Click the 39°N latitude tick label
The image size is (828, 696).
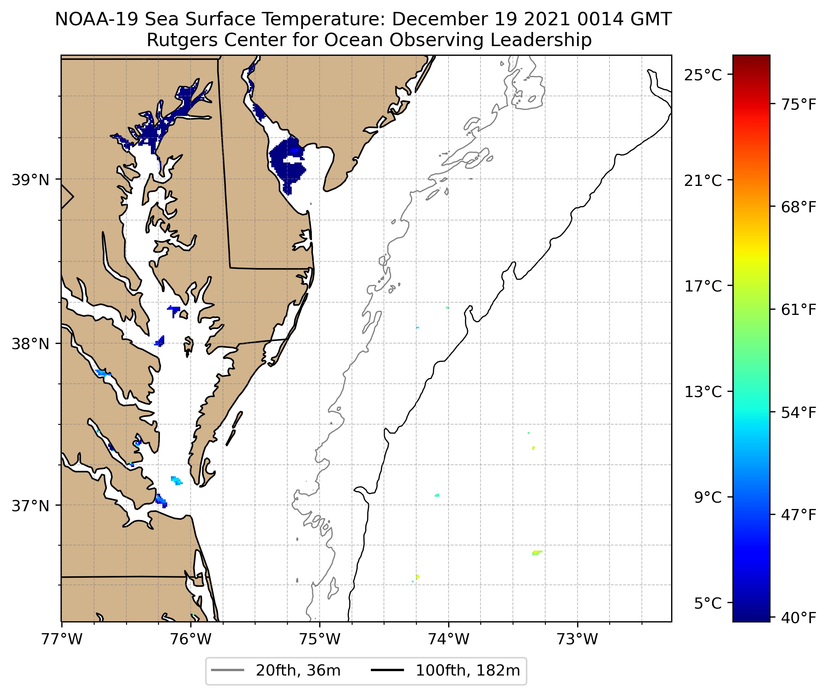click(30, 180)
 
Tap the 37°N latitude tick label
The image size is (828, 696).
click(30, 506)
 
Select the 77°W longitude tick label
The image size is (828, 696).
click(62, 639)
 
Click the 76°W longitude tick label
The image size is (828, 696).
click(191, 639)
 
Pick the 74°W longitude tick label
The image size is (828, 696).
click(449, 639)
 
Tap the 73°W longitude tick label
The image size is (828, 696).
click(578, 639)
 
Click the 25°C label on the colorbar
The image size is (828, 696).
click(703, 75)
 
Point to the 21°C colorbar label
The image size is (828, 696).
click(703, 181)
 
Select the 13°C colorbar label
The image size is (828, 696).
click(703, 392)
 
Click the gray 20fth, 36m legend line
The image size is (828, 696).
click(227, 670)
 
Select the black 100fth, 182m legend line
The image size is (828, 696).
click(387, 670)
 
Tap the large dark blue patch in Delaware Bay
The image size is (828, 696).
click(286, 162)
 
